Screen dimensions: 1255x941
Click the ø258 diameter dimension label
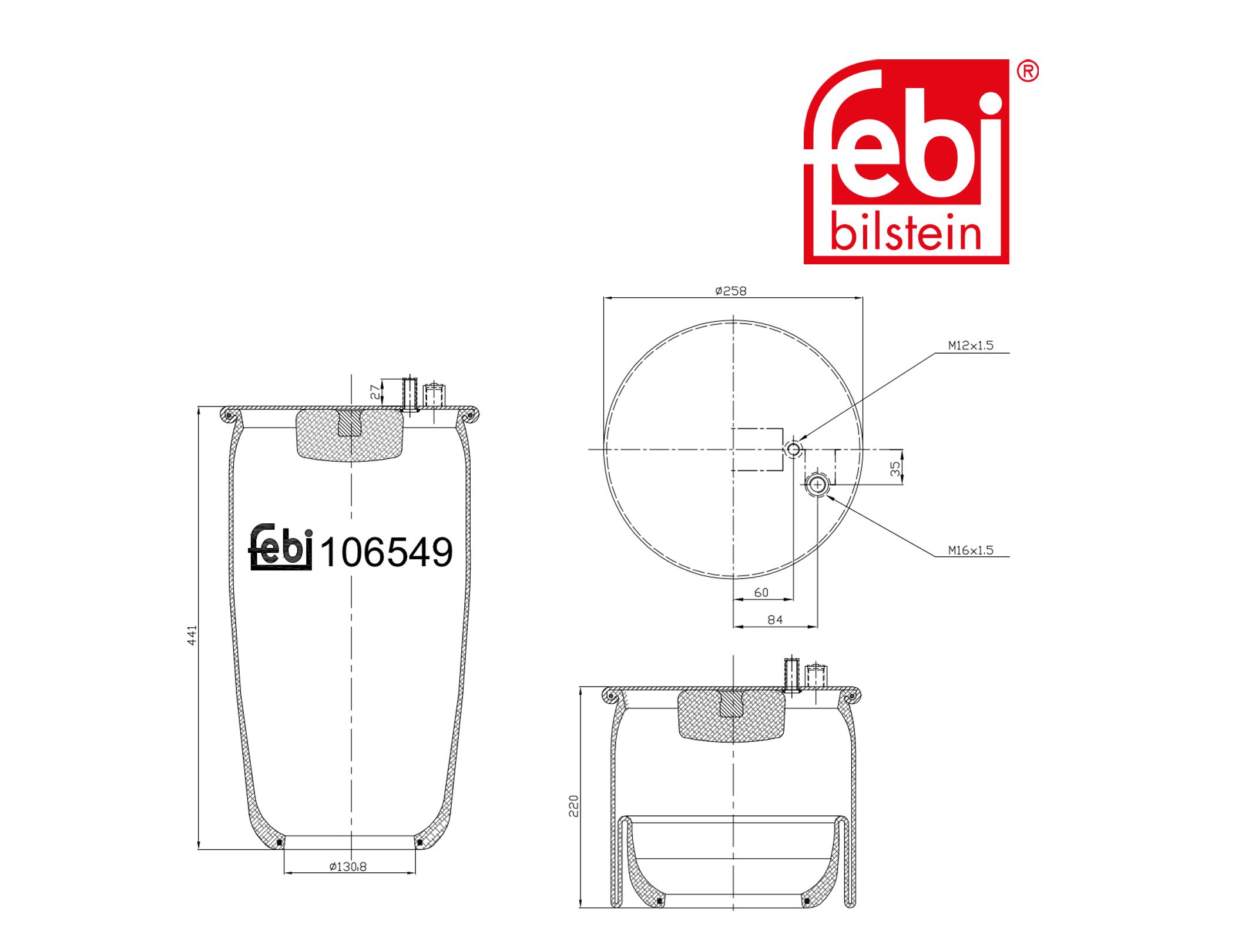730,291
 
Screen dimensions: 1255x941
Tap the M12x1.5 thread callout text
971,345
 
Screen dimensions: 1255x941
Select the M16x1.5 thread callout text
971,550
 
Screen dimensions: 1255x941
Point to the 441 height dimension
192,636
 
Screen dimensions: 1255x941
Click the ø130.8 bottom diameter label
348,866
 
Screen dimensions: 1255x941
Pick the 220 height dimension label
573,806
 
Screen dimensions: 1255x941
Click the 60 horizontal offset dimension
761,593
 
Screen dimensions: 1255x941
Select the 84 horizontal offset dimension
775,620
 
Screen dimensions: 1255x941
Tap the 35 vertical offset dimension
895,468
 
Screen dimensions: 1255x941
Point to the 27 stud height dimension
375,392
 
